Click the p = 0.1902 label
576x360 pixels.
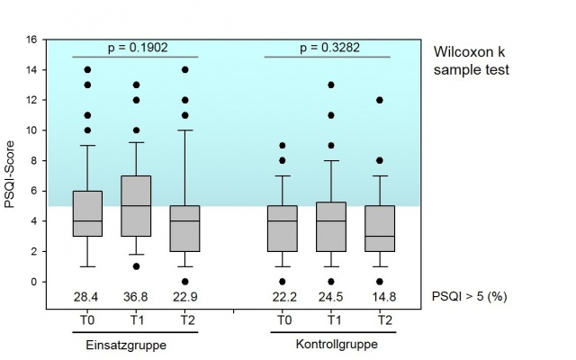[136, 48]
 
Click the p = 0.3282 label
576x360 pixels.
[328, 48]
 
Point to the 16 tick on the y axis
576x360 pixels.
[31, 40]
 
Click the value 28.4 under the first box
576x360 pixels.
[86, 297]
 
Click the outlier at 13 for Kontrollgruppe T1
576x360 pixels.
[332, 85]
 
